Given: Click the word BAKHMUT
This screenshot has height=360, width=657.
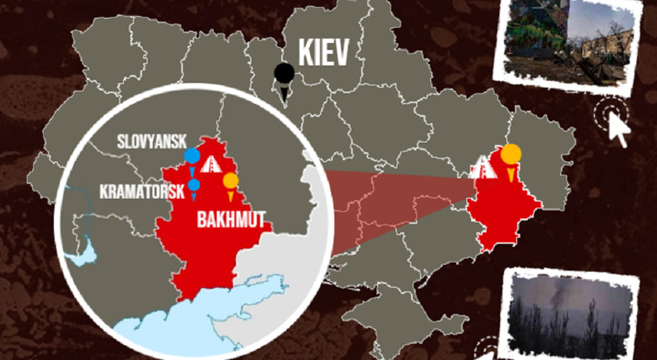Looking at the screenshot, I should pos(231,221).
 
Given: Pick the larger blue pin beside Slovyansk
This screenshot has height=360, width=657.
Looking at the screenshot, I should pos(192,156).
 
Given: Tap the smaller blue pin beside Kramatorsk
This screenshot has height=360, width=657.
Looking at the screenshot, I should pos(194,185).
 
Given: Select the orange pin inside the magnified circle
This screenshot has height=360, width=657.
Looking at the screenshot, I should pos(230,181).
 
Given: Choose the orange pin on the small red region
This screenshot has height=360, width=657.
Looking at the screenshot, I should pos(511,155).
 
